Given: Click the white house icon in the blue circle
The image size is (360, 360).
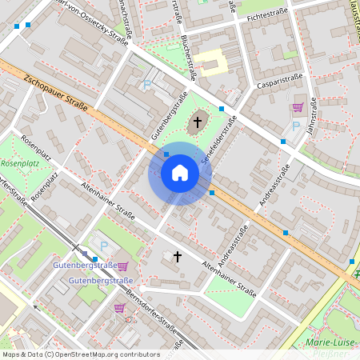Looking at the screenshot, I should point(180,173).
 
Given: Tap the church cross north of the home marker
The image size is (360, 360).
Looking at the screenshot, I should point(197,123).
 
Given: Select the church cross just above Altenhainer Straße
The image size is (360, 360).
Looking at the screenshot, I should point(177,257).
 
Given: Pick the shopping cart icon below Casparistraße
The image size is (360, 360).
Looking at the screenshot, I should point(298,106).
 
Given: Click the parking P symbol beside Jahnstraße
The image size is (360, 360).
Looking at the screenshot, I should point(295,126).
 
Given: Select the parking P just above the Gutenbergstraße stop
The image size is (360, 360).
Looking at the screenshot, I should point(102,245).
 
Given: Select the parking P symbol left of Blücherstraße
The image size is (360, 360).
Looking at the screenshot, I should point(146,84).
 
